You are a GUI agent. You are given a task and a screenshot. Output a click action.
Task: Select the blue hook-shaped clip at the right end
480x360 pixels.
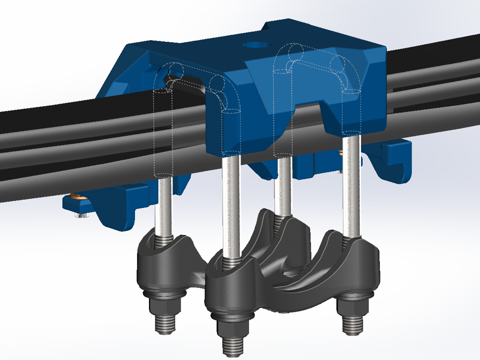[399, 161]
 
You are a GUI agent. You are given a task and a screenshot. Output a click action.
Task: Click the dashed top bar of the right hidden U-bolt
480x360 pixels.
[316, 63]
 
